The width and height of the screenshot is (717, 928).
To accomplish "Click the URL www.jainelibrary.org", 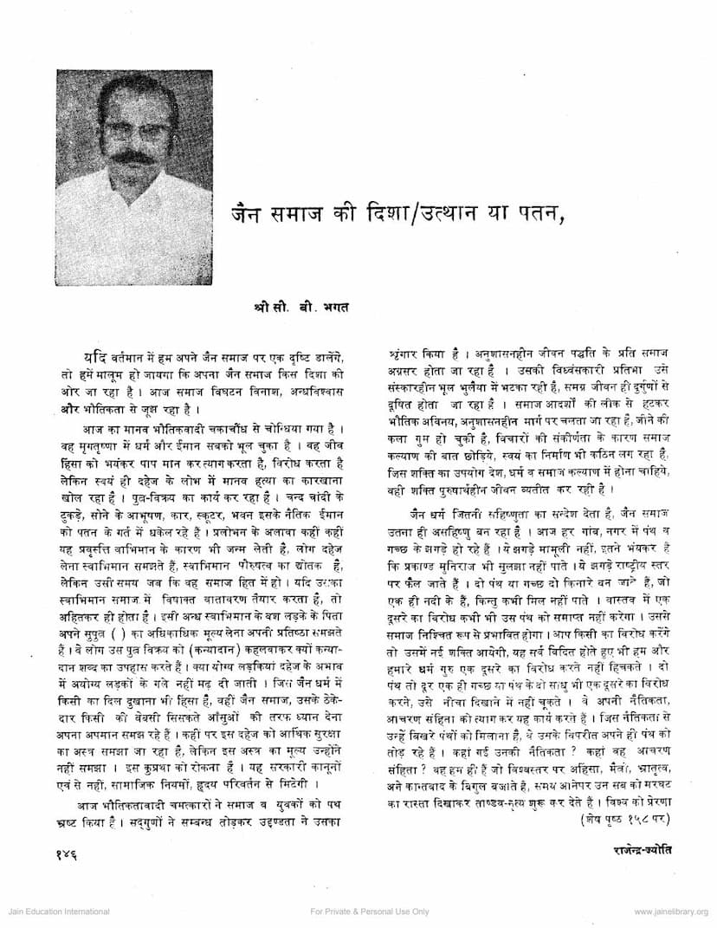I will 670,912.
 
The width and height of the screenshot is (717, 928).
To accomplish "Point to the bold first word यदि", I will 95,358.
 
